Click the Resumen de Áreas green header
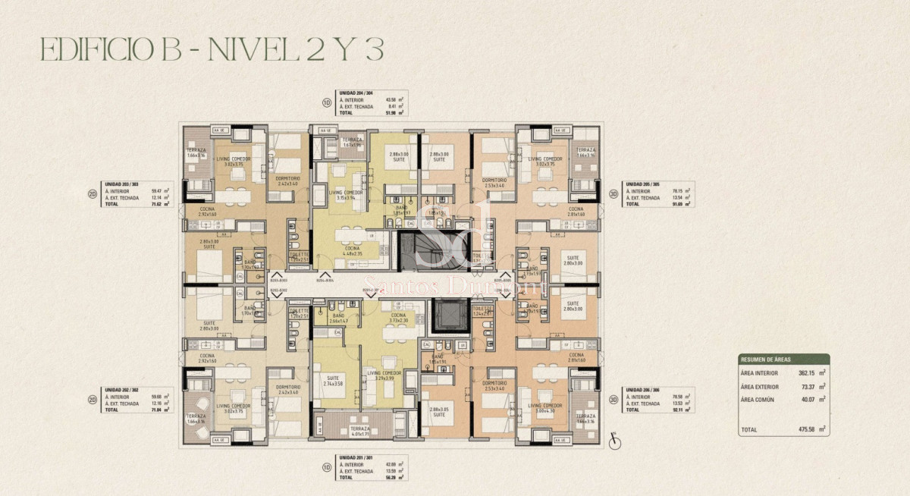click(783, 359)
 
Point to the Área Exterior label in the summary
click(759, 386)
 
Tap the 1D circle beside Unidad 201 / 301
click(325, 469)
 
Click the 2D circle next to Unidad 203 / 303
click(92, 193)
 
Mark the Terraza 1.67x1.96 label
click(352, 143)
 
